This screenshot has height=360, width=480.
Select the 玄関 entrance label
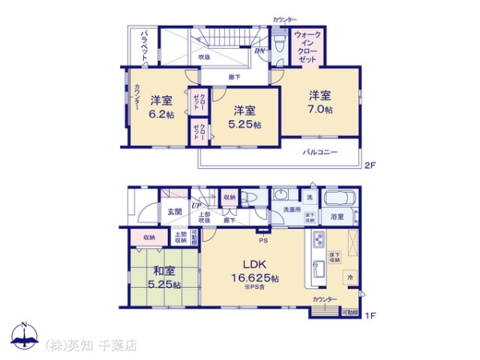click(x=174, y=211)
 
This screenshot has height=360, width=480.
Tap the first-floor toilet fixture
click(x=250, y=198)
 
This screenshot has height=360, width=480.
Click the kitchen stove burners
click(x=317, y=240)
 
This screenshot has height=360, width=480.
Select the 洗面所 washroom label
click(x=290, y=210)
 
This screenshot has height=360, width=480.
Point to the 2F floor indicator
click(x=369, y=166)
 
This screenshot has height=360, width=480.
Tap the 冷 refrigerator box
click(x=350, y=277)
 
